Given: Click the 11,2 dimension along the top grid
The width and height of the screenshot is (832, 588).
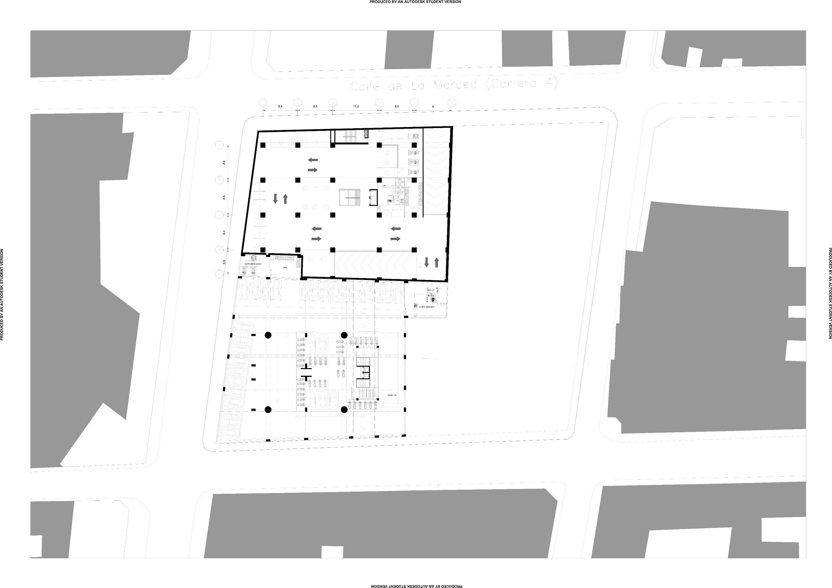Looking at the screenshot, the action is tap(356, 107).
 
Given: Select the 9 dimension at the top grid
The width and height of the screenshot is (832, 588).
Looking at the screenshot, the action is tap(433, 107).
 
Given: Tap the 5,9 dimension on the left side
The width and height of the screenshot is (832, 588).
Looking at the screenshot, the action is tap(224, 262).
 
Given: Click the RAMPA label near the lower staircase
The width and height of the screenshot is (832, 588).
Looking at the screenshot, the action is tap(392, 395).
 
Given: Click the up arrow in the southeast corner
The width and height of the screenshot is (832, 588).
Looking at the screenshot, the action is tap(437, 262).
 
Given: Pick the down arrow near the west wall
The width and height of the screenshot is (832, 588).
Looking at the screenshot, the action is tap(275, 198).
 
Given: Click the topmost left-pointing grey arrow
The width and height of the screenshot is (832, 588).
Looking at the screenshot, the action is tap(313, 159).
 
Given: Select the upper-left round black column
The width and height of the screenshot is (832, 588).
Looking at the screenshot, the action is tap(268, 335).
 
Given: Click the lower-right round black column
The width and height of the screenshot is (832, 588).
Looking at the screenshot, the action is tap(344, 410).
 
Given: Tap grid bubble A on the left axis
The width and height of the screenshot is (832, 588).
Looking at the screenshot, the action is tap(219, 145).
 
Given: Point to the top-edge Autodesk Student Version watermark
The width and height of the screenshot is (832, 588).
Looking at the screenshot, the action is tap(415, 2).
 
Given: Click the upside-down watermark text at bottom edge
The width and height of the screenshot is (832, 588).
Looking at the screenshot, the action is tap(416, 585).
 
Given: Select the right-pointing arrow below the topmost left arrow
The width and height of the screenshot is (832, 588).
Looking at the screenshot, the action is tap(313, 170).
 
